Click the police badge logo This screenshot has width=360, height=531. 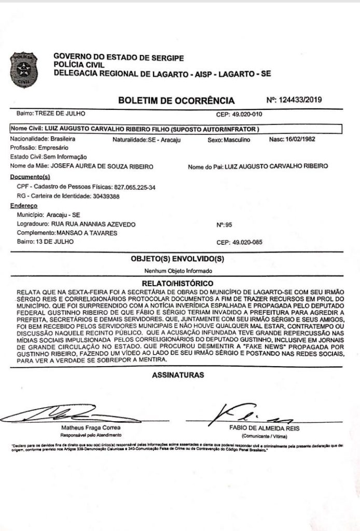24,69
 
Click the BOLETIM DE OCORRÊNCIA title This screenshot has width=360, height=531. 176,101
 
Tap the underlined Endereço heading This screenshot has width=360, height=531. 25,206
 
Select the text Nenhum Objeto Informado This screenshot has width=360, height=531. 178,271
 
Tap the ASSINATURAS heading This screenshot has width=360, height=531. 178,375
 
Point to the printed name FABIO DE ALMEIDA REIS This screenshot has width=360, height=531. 264,428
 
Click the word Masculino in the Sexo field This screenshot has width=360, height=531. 237,140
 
